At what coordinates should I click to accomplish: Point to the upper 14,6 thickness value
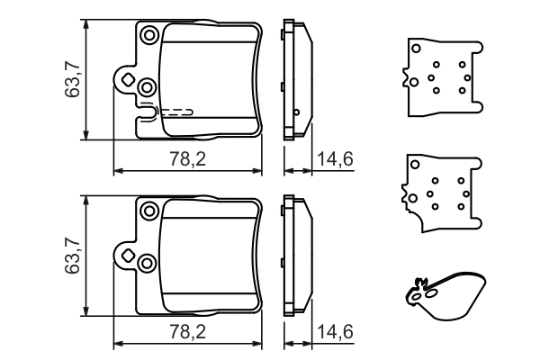coord(335,159)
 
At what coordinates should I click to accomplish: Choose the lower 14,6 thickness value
coord(335,332)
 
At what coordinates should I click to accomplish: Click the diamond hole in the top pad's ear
coord(128,81)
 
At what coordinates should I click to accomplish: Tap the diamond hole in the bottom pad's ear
coord(128,256)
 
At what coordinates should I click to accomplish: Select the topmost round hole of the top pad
coord(149,35)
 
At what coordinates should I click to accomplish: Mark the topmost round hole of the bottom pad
coord(149,211)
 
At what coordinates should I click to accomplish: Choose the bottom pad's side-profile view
coord(296,256)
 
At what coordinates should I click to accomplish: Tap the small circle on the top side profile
coord(296,112)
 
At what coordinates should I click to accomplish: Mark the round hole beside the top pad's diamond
coord(147,86)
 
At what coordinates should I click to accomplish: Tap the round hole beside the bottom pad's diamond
coord(147,262)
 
